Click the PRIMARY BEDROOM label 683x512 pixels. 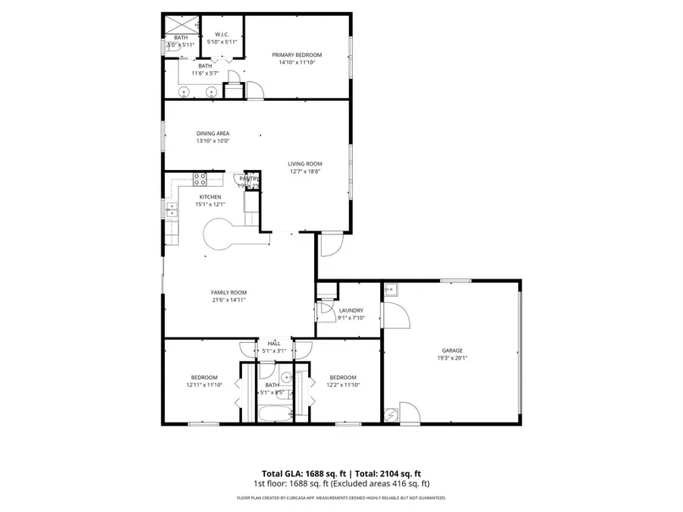tap(297, 55)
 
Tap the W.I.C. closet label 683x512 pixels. tap(222, 34)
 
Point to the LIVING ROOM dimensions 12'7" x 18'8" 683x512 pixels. tap(305, 171)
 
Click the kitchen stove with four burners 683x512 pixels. tap(200, 179)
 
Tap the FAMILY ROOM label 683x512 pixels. tap(228, 292)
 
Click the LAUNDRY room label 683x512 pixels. tap(351, 310)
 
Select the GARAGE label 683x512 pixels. tap(452, 350)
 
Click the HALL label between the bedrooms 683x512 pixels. tap(273, 344)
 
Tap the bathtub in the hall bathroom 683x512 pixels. tap(274, 414)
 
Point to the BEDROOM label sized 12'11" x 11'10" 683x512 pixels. tap(204, 378)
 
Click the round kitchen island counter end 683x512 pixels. tap(219, 233)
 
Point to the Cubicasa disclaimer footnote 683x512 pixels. tap(341, 498)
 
